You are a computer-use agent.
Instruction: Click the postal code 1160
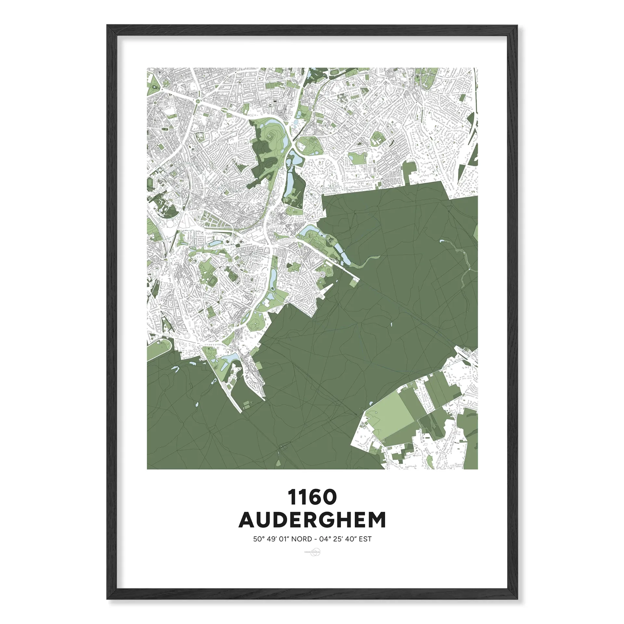312,498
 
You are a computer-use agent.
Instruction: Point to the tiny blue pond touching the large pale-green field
370,403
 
